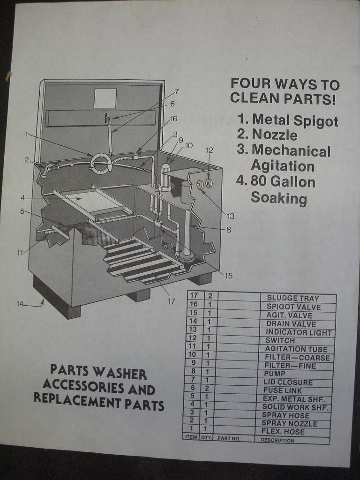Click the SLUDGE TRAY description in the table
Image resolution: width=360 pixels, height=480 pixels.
click(293, 298)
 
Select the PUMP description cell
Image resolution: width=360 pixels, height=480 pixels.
click(275, 374)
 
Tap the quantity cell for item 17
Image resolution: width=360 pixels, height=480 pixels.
click(210, 296)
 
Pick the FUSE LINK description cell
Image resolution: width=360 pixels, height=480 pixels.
click(283, 390)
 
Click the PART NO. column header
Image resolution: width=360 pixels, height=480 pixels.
click(229, 438)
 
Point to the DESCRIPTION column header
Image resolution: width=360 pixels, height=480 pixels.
click(277, 440)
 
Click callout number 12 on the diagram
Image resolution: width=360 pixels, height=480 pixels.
click(209, 150)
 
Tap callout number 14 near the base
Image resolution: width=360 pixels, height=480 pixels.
click(20, 304)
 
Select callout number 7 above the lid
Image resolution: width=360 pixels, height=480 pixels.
click(177, 91)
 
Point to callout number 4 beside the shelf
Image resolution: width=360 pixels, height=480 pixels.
click(22, 198)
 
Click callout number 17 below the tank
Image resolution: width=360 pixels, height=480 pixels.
click(171, 301)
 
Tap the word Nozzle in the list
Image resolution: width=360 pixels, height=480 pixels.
click(275, 135)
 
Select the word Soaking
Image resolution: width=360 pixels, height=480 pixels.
click(278, 198)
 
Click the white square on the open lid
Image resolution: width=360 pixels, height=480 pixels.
click(105, 98)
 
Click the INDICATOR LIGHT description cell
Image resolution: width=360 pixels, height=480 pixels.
click(299, 332)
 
